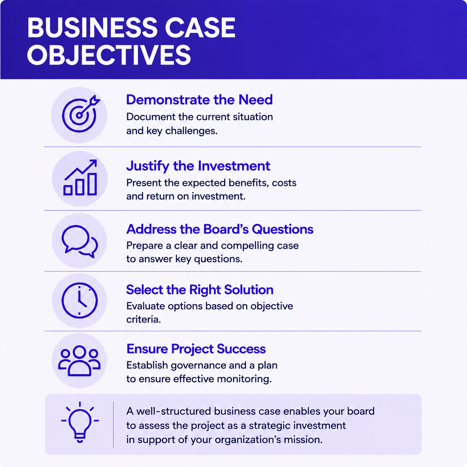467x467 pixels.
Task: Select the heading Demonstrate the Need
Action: (x=200, y=99)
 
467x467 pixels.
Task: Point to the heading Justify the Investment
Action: (x=198, y=166)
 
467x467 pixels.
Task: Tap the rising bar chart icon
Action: (x=80, y=177)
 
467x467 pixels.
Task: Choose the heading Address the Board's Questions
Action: (x=220, y=229)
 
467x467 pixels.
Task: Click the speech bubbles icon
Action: (x=80, y=242)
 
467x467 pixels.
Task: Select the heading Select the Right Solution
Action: (x=200, y=290)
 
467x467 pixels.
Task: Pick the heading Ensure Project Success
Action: (x=196, y=349)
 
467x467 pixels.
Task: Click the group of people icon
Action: (x=79, y=361)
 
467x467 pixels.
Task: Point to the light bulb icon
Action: (x=80, y=422)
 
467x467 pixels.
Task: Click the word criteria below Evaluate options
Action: (x=144, y=320)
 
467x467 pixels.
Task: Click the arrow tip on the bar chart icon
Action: (x=96, y=160)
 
